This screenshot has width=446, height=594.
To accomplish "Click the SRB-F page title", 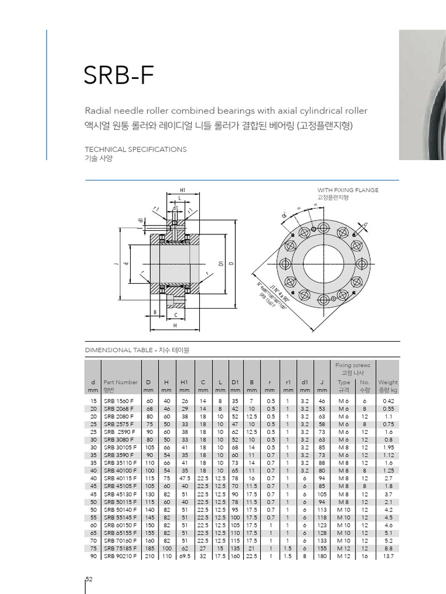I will (120, 74).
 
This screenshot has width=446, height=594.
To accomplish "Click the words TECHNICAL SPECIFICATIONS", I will (135, 149).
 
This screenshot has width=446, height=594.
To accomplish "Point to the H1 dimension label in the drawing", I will (182, 190).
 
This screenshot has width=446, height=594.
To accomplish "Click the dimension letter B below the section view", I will (155, 313).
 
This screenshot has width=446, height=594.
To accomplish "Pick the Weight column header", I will (388, 382).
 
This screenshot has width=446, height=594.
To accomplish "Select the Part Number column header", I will (121, 382).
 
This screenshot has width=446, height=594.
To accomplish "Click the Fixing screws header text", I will (353, 365).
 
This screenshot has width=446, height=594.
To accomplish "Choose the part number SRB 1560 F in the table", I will (118, 401).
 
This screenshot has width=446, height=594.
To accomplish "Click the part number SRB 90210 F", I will (120, 556).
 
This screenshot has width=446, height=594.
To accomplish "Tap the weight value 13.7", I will (389, 556).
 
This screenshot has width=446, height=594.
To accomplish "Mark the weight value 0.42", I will (389, 401).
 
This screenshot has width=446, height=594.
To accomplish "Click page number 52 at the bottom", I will (89, 579).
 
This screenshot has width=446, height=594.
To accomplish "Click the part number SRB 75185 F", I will (120, 548).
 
